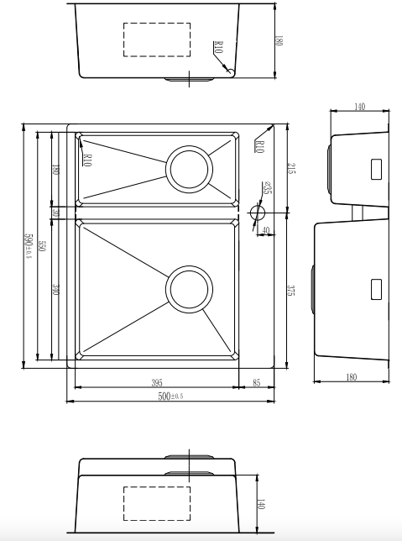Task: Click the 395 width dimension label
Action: click(157, 383)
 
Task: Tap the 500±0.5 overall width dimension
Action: click(171, 396)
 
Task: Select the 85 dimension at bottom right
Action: click(256, 383)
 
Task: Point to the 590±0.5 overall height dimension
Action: click(29, 246)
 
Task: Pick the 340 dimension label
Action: click(55, 290)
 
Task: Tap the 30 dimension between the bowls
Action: click(55, 213)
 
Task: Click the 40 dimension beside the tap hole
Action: click(265, 230)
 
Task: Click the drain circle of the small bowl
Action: click(188, 168)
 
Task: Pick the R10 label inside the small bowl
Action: click(87, 158)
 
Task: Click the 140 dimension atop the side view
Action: click(359, 108)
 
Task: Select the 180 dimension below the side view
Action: click(351, 377)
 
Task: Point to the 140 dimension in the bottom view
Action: click(260, 504)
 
